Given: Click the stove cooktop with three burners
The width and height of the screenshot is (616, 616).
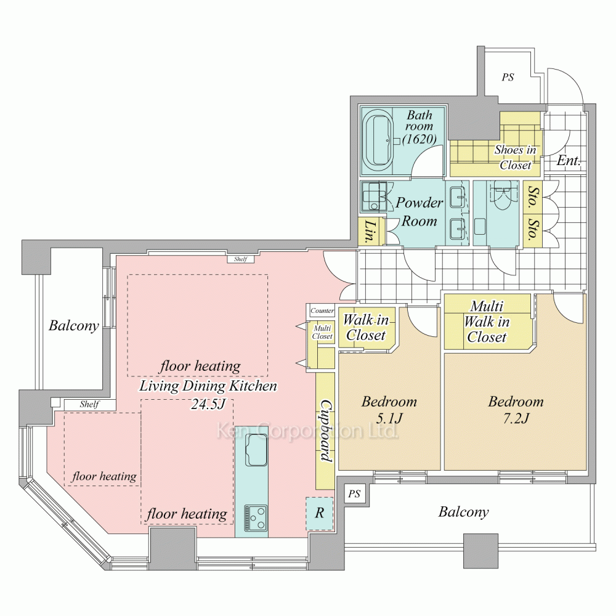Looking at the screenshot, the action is click(256, 517).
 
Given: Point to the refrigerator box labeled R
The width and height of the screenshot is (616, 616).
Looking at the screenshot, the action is click(319, 514).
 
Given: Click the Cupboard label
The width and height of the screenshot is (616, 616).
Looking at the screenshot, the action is click(326, 431).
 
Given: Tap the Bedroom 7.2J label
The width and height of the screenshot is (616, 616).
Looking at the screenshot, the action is click(516, 410).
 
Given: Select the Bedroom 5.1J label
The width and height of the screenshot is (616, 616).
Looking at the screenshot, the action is click(389, 410).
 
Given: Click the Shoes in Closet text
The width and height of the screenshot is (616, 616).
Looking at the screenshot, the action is click(515, 157).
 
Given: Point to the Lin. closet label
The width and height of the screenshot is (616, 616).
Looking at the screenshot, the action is click(370, 232).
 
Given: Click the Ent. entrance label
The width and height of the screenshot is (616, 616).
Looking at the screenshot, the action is click(569, 160).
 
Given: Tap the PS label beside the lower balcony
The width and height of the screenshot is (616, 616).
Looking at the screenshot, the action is click(354, 493).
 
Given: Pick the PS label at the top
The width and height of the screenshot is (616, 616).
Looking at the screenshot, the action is click(508, 78).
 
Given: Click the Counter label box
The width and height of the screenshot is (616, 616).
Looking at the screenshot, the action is click(322, 310).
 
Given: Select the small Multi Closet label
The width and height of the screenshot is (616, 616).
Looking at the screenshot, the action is click(322, 333).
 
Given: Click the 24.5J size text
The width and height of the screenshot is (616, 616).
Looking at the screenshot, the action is click(208, 404).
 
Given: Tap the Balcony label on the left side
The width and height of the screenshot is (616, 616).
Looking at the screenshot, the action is click(73, 326).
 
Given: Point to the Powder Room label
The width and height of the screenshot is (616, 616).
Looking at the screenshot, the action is click(419, 212).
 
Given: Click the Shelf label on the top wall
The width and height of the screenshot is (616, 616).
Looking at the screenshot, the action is click(240, 259).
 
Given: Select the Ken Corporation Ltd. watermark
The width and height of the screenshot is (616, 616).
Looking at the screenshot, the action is click(307, 431).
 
